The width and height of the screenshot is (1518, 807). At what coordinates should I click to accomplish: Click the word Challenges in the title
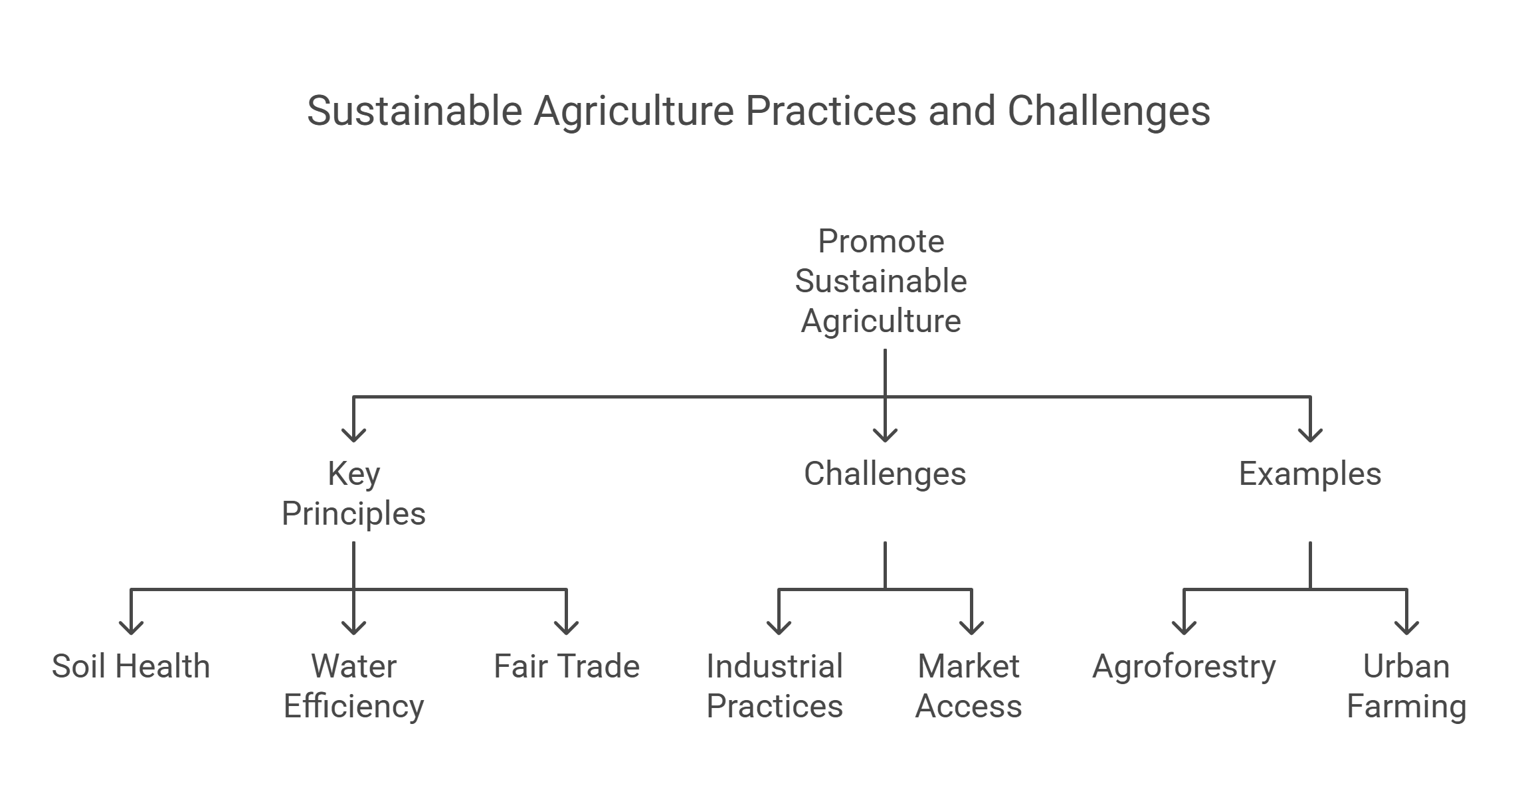1109,111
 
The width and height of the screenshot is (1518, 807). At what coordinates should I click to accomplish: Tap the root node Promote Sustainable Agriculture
881,281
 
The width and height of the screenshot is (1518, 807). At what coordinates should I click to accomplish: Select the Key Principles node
353,493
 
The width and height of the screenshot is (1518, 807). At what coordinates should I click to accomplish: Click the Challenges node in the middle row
885,474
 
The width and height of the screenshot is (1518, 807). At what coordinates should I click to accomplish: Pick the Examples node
1309,474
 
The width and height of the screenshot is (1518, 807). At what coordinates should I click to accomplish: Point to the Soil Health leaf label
131,666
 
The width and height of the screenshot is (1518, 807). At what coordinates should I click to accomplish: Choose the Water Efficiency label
353,686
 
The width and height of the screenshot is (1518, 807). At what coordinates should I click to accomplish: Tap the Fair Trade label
566,666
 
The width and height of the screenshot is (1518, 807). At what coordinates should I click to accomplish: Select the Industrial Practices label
775,686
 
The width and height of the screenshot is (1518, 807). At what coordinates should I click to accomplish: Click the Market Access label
969,686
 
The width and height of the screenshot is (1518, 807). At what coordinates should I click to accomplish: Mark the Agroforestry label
1184,666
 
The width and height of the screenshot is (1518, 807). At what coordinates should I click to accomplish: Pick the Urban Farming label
1406,686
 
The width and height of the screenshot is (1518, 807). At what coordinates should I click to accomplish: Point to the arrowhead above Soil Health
132,626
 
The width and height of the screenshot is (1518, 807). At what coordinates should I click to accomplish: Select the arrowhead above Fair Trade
566,626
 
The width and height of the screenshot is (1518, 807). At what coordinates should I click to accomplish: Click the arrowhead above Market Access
972,626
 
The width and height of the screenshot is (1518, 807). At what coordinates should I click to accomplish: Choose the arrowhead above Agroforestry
1184,626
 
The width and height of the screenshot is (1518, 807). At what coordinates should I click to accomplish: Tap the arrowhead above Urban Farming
1407,626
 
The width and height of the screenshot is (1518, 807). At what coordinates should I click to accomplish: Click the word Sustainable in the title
415,111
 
